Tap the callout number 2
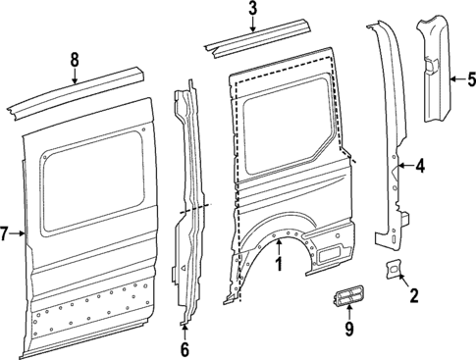pos(413,294)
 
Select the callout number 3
pos(252,11)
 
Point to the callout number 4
pos(420,167)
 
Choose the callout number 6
pos(184,347)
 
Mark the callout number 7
pos(5,233)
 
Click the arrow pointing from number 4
pos(404,167)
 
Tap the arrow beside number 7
pos(18,233)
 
